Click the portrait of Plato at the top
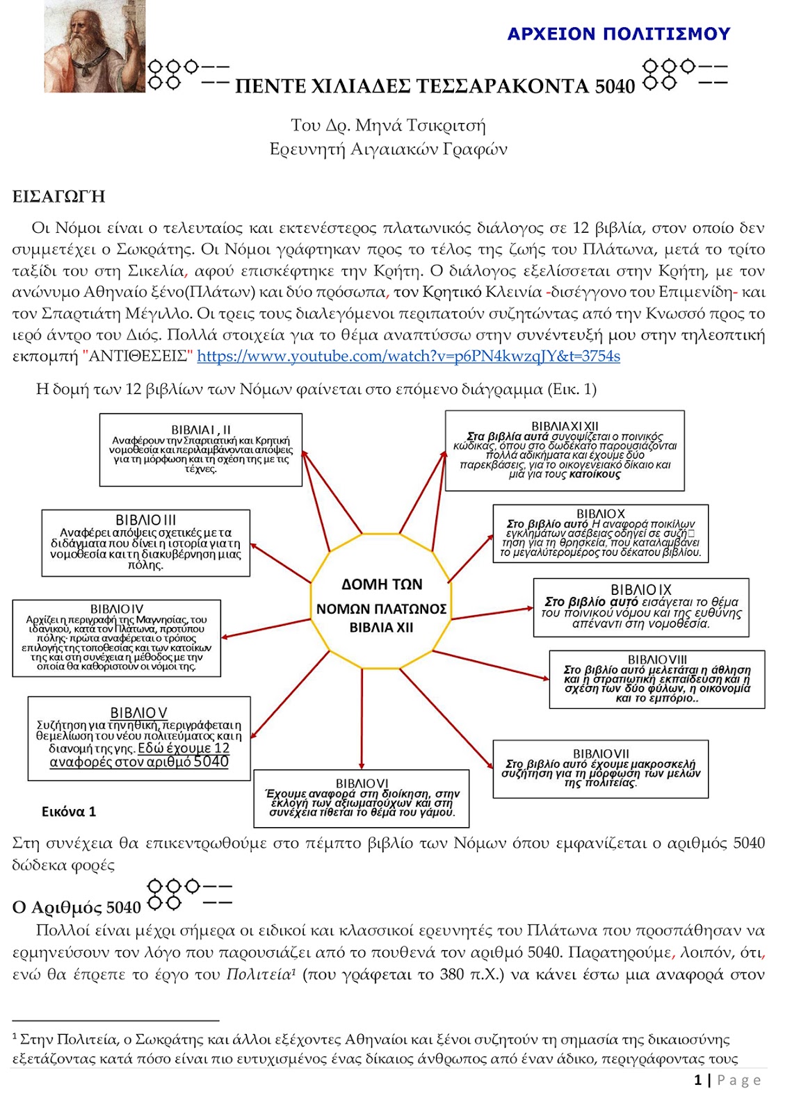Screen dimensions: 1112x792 (x=95, y=46)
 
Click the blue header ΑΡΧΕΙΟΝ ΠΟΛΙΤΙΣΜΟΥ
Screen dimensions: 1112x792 (x=618, y=34)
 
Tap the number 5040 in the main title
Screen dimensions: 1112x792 (x=615, y=86)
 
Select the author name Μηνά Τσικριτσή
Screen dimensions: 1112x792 (x=420, y=126)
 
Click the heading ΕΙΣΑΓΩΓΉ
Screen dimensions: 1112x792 (x=59, y=197)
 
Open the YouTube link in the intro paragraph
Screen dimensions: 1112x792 (x=408, y=357)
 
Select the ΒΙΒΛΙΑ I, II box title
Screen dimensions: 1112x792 (x=201, y=430)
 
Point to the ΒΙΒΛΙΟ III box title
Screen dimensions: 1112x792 (x=146, y=520)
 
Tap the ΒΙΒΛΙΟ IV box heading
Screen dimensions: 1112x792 (x=117, y=609)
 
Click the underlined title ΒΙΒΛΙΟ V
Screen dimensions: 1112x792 (x=139, y=712)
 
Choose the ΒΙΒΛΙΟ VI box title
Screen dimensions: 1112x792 (x=362, y=783)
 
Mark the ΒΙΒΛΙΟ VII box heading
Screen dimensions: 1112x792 (x=601, y=753)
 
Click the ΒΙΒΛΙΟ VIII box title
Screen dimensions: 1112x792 (x=657, y=659)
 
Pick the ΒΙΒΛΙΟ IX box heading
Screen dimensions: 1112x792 (x=641, y=589)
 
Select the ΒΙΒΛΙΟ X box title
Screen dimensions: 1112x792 (x=601, y=514)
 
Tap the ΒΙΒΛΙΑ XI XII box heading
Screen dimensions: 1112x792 (x=565, y=426)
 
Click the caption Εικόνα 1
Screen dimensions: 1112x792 (x=69, y=812)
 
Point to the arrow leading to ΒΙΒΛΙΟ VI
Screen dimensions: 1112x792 (x=362, y=723)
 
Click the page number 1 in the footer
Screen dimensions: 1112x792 (x=697, y=1080)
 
